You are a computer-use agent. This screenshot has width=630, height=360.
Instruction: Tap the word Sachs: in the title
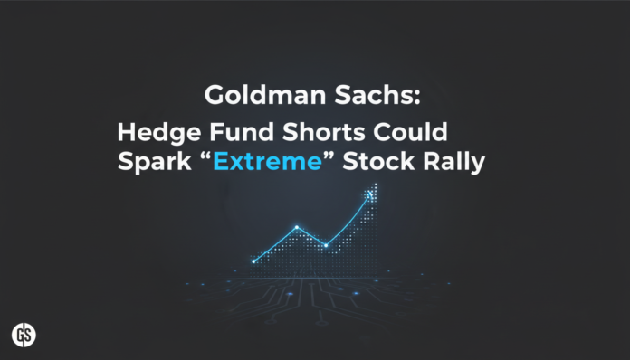tap(343, 96)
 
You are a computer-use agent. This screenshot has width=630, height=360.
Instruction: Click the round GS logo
tap(24, 334)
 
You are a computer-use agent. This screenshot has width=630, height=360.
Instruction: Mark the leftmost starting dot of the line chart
tap(254, 261)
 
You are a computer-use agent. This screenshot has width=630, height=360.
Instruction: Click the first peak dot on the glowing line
tap(296, 227)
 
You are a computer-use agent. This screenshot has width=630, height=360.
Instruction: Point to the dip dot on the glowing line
tap(326, 245)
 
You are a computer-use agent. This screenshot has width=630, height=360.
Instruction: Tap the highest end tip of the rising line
tap(371, 194)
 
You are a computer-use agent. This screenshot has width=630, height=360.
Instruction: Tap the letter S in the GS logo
tap(29, 336)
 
